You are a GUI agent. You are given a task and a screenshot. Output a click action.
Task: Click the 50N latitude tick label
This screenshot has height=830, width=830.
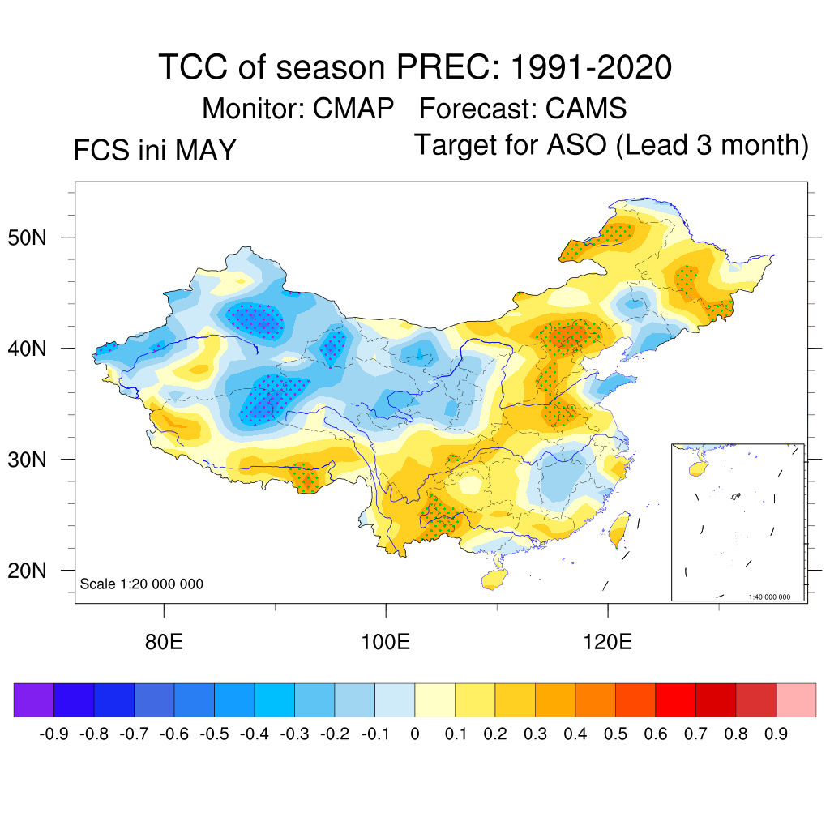pos(27,237)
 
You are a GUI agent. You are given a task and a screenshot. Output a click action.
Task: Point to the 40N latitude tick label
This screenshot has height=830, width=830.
pos(27,349)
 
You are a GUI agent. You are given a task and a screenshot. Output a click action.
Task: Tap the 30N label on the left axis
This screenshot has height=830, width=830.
pos(27,460)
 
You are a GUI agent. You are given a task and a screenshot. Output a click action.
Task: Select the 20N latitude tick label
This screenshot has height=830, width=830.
pos(27,571)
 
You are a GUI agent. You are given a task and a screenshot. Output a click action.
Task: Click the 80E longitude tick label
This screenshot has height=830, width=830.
pos(164,642)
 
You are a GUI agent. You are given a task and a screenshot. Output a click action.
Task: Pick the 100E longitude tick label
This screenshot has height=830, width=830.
pos(385,642)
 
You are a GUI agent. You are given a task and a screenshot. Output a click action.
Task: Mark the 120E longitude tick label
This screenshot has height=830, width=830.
pos(607,642)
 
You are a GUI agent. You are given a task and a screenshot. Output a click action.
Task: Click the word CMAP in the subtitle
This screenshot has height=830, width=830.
pos(353,109)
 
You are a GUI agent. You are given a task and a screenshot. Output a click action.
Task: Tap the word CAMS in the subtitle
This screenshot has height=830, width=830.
pos(586,109)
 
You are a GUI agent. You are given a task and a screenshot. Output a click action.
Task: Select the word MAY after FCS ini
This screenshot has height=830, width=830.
pos(206,150)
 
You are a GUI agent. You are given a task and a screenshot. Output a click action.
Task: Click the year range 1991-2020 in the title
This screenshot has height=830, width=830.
pos(591,67)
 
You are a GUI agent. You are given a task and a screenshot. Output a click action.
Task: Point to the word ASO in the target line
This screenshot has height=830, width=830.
pos(577,144)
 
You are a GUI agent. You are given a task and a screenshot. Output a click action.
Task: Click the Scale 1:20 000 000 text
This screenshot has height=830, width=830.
pos(141,584)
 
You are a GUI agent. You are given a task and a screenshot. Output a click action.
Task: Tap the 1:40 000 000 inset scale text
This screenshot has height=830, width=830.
pos(769,597)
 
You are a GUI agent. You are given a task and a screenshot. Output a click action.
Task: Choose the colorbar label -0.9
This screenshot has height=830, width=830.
pos(54,734)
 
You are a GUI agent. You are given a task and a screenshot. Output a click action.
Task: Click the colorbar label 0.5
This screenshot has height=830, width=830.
pos(615,734)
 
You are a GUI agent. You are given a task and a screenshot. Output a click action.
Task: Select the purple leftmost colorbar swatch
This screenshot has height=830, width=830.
pos(34,700)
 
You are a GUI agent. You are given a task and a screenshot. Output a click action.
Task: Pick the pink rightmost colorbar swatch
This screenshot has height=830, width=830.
pos(796,700)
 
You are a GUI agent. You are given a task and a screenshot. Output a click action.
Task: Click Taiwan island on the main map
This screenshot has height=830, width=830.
pos(618,529)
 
